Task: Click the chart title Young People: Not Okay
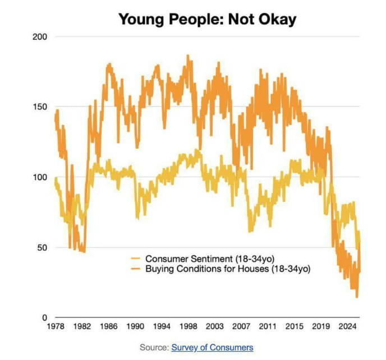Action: point(207,20)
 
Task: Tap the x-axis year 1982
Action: point(81,326)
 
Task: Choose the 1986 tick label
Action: point(108,326)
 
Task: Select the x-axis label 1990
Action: point(135,326)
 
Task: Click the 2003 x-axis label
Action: point(215,326)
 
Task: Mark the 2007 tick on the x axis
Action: point(242,326)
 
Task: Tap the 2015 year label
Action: point(296,326)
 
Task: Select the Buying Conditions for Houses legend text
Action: point(228,269)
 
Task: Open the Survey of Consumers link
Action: point(212,348)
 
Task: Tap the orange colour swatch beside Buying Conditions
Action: point(135,269)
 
